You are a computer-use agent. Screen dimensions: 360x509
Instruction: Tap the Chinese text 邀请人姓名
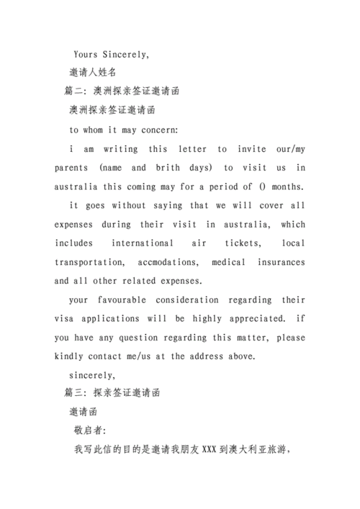click(93, 73)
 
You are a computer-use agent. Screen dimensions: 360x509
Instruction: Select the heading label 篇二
click(75, 91)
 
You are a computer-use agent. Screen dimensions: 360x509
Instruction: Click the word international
click(142, 243)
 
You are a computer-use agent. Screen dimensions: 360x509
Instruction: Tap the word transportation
click(91, 262)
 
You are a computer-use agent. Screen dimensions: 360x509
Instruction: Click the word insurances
click(278, 262)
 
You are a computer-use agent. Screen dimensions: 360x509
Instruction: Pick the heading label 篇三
click(75, 393)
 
